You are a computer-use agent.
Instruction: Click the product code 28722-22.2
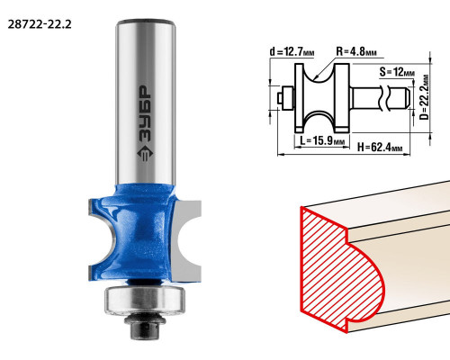(40, 24)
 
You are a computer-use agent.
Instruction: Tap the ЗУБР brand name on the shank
(146, 114)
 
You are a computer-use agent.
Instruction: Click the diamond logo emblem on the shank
(145, 153)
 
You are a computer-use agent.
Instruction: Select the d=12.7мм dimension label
(292, 52)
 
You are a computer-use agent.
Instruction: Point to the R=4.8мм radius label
(356, 51)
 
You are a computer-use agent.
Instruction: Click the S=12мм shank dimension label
(397, 72)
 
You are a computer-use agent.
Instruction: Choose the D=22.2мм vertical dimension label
(424, 97)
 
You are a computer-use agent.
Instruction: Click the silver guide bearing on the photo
(144, 300)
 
